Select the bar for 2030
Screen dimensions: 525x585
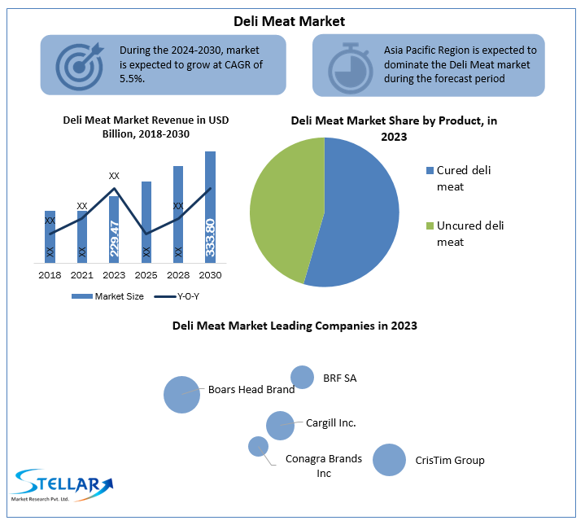pos(210,207)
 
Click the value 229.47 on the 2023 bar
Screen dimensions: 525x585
pos(114,238)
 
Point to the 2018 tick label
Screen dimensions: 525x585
pos(50,275)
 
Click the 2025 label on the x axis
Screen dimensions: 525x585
pos(146,275)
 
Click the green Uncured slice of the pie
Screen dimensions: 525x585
pos(285,203)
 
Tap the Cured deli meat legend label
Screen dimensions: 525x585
pos(463,178)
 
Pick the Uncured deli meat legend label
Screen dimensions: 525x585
pos(469,234)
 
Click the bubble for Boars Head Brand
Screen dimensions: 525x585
pos(181,394)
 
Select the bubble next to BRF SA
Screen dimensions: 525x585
pos(302,377)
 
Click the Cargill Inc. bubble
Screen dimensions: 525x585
pos(280,425)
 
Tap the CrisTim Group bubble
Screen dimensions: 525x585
pos(389,460)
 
